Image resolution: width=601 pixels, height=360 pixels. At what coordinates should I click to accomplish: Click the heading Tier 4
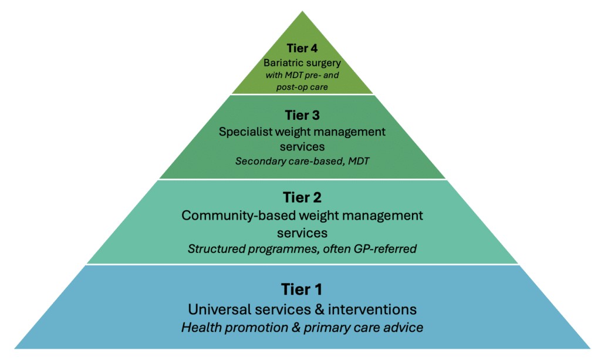(302, 48)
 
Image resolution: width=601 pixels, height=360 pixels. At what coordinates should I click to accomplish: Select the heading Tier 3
(302, 115)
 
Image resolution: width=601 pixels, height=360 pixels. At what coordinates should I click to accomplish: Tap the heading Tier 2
(302, 197)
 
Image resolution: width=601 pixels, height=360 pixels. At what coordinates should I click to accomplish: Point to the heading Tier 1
(302, 290)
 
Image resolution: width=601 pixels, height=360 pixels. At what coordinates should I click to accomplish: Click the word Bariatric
(282, 62)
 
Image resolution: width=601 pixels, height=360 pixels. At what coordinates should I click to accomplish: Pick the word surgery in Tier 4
(322, 63)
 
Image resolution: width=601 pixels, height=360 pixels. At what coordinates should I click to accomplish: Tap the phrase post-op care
(302, 88)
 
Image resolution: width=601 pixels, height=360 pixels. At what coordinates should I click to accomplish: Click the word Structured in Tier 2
(216, 249)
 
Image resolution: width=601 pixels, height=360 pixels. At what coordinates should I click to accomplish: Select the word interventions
(372, 309)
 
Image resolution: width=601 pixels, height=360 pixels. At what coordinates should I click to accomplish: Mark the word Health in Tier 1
(201, 328)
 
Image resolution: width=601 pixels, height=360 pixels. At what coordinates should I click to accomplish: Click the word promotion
(256, 328)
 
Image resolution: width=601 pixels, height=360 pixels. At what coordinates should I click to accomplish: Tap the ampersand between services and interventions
(319, 309)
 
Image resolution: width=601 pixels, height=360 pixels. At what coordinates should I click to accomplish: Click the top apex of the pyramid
(302, 11)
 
